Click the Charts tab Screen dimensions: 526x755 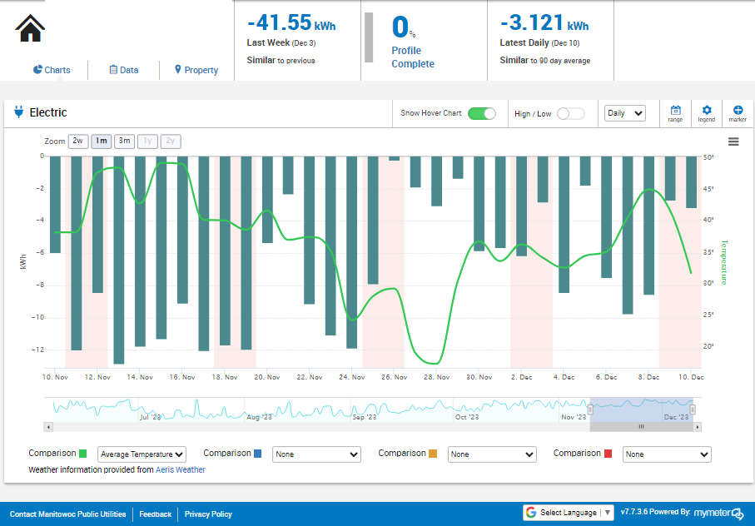(52, 70)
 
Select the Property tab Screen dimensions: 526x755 (196, 70)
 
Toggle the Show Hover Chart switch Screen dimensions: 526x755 (481, 113)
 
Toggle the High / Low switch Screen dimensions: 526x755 (570, 113)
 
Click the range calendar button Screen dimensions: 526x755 (675, 113)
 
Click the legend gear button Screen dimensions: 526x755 (707, 113)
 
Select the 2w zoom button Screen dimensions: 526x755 (78, 141)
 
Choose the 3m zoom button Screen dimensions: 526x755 (124, 141)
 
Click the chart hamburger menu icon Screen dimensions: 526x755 (733, 141)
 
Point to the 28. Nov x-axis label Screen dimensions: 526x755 (437, 377)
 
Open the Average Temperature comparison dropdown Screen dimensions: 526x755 (142, 454)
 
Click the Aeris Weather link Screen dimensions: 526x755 (181, 469)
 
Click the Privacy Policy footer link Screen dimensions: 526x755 (208, 514)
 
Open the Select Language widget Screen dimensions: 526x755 (569, 513)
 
